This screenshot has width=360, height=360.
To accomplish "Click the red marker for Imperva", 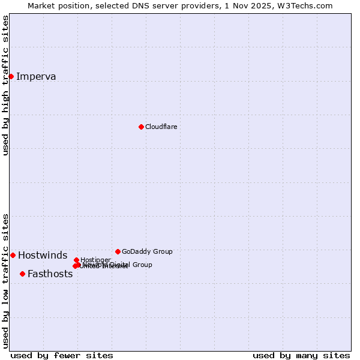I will tap(11, 76).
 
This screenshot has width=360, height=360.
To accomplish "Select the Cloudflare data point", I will tap(141, 127).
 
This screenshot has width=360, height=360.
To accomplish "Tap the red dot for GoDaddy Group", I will tap(118, 251).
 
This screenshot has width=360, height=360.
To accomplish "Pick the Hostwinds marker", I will tap(13, 255).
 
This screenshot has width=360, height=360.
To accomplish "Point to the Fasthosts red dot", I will tap(22, 274).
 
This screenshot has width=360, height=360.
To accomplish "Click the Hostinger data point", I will tap(76, 260).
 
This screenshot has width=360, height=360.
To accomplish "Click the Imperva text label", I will tap(36, 76).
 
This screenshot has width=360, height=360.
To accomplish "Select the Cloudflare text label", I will tap(161, 127).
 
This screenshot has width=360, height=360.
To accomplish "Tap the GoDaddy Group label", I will tap(147, 251).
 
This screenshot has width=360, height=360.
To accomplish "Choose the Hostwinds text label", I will tap(43, 256).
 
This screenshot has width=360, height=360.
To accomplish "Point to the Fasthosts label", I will tap(50, 274).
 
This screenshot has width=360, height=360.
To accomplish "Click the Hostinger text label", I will tap(95, 260).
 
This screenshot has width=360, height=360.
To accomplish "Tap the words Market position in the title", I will tap(56, 5).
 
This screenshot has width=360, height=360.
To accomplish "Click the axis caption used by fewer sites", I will tap(62, 356).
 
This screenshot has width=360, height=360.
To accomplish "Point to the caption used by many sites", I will tap(301, 356).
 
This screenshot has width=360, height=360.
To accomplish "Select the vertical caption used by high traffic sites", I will tap(6, 85).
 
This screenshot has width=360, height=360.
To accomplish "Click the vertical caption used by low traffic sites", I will tap(6, 281).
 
